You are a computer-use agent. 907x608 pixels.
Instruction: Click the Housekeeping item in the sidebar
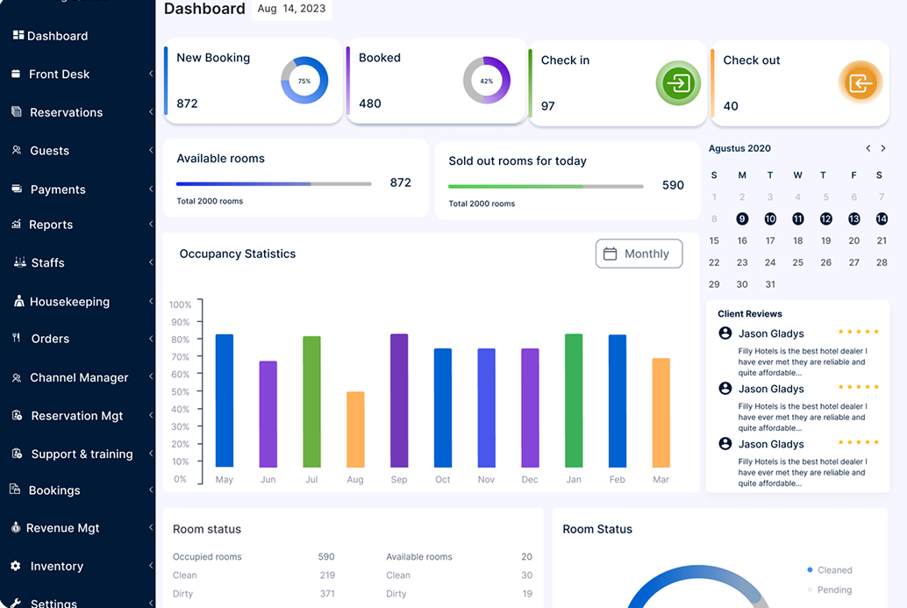69,302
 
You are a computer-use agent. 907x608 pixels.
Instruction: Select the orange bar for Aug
355,429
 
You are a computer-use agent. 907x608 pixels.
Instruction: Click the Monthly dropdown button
639,254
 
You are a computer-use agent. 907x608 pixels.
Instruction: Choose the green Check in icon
678,84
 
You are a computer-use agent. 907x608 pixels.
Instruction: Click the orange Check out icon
861,84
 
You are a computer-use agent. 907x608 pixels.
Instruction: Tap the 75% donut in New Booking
304,81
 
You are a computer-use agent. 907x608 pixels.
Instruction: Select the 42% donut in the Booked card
486,81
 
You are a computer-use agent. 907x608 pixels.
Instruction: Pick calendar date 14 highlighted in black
882,218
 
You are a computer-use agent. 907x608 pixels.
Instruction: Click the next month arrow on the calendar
883,149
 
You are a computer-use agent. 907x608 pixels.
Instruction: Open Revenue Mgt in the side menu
62,528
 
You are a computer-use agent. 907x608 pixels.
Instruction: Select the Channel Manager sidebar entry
79,378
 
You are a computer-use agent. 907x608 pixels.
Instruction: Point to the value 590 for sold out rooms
673,185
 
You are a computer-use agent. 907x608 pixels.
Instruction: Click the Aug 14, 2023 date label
291,9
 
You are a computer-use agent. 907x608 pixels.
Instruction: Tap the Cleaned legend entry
834,570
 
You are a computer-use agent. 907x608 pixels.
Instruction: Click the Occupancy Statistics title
238,254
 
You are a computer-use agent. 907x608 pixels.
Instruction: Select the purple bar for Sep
399,400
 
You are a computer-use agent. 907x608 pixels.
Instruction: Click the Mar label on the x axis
661,480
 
